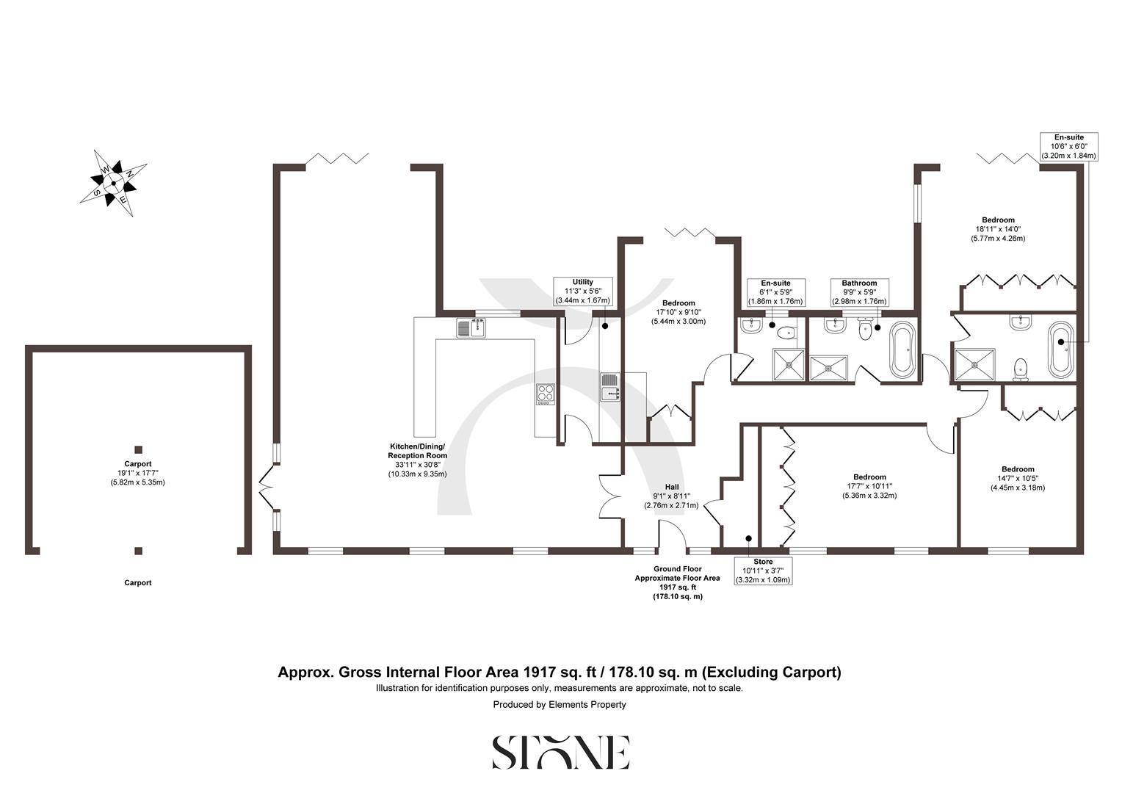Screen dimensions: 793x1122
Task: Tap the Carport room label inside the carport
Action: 138,473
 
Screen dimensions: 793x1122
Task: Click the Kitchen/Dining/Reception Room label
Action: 417,460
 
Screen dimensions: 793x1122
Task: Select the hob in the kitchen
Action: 545,394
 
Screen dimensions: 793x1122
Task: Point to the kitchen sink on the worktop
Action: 471,328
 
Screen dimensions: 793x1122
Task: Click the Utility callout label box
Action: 583,292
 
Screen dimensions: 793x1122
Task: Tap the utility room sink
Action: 610,387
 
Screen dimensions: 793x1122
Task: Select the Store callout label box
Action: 763,571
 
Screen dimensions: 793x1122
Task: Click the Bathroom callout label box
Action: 859,292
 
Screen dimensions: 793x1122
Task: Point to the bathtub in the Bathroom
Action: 902,350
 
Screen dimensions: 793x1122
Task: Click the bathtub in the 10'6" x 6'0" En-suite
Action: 1060,349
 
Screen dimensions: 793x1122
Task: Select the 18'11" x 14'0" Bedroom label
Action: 998,229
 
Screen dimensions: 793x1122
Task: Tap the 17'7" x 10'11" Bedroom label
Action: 869,486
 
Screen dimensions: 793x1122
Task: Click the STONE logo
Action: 560,752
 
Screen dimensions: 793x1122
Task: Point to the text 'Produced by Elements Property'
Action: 560,705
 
